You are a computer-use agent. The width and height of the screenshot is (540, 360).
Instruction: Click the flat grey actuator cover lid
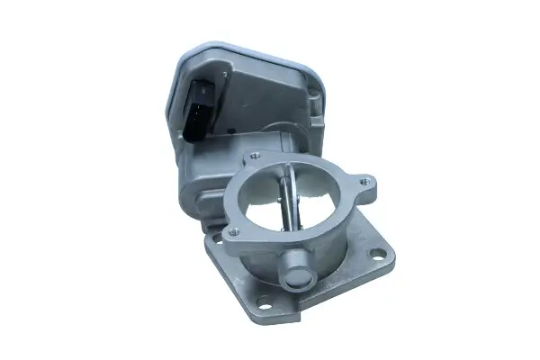247,76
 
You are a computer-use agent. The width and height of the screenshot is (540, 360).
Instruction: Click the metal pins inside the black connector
200,103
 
